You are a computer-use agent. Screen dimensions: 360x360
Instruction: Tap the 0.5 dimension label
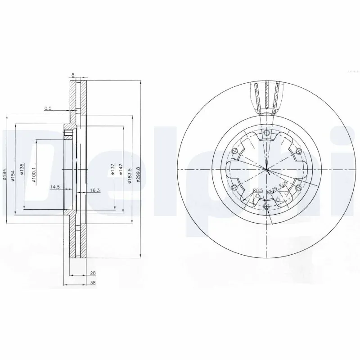(x=48, y=108)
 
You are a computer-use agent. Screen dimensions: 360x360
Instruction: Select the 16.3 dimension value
(x=94, y=190)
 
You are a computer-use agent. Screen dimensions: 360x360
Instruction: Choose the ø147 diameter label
(x=121, y=169)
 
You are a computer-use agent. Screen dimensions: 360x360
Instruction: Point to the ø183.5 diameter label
(x=130, y=173)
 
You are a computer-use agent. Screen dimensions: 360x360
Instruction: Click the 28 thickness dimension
(x=93, y=273)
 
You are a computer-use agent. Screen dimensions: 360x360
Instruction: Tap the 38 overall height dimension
(x=93, y=283)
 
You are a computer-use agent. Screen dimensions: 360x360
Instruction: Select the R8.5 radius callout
(x=258, y=190)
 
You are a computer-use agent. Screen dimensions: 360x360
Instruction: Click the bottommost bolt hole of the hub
(x=267, y=207)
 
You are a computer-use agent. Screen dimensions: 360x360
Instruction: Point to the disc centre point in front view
(x=267, y=169)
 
